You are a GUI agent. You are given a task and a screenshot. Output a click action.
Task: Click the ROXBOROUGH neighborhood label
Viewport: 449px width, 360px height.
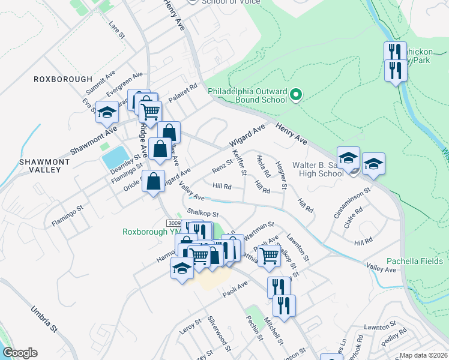63,79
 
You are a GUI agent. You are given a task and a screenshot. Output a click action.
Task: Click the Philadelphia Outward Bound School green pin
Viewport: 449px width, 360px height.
295,95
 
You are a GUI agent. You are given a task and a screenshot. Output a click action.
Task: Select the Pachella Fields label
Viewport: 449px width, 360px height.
414,261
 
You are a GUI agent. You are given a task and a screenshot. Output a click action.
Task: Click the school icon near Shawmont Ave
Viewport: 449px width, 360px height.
107,112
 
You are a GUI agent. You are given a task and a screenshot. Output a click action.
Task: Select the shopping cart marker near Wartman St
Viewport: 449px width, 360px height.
270,256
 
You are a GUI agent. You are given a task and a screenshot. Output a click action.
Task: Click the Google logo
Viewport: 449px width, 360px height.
20,353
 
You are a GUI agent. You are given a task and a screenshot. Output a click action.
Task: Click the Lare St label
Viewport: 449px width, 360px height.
116,31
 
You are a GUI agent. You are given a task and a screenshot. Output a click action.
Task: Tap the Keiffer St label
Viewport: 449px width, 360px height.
241,163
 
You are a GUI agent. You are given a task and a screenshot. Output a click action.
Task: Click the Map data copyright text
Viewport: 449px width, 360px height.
423,355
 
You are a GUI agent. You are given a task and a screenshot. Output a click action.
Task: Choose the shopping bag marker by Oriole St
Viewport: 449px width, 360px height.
154,182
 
